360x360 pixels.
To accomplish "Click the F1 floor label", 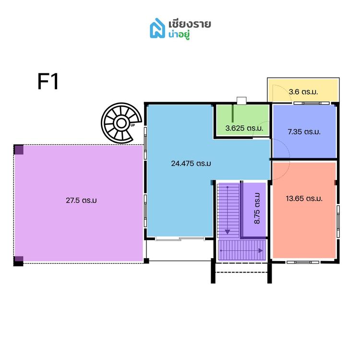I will (x=48, y=82).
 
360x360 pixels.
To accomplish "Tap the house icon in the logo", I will (x=157, y=28).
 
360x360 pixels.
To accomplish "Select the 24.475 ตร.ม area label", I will (x=191, y=163).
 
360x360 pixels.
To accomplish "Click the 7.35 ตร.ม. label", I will (x=303, y=131).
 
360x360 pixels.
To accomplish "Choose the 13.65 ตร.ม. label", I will (x=304, y=198).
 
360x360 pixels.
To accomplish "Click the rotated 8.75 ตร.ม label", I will (x=257, y=209).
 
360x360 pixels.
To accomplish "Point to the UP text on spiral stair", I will (x=132, y=126).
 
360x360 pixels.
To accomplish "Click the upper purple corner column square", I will (x=18, y=149).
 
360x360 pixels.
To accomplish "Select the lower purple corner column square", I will (x=18, y=261).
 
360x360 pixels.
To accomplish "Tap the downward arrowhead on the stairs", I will (x=228, y=231).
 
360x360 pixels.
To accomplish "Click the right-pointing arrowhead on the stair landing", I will (x=261, y=250).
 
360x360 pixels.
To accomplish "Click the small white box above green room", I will (x=241, y=100).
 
